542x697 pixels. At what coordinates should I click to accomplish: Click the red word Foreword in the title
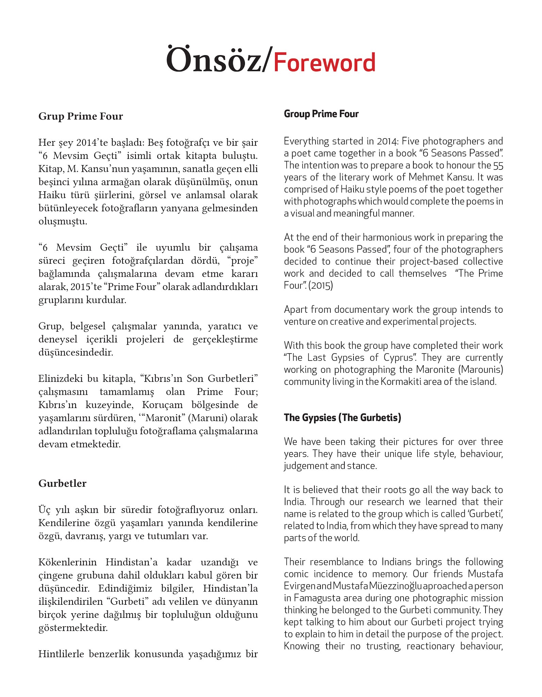pos(324,63)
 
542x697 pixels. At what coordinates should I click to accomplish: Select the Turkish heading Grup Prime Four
pos(81,116)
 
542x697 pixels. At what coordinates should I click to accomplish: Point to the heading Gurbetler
pos(63,483)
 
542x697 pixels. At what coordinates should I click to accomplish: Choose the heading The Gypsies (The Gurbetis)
pos(342,418)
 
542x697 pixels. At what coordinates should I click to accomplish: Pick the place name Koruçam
pos(162,405)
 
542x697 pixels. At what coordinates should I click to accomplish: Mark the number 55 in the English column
pos(498,165)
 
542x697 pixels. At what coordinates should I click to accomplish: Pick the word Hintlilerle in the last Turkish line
pos(61,654)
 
